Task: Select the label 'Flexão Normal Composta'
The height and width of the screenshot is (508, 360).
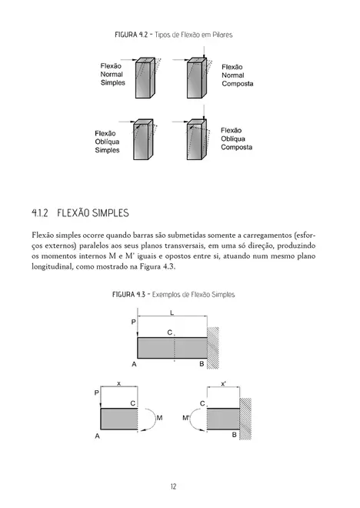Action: click(x=237, y=75)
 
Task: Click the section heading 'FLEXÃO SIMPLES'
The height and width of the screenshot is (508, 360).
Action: click(x=93, y=212)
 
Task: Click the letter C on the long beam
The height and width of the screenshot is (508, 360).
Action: click(x=169, y=332)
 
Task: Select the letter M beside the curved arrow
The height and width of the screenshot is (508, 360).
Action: click(x=159, y=418)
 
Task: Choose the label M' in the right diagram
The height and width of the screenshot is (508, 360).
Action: click(x=188, y=419)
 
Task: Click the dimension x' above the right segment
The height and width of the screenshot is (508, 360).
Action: click(x=224, y=383)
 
